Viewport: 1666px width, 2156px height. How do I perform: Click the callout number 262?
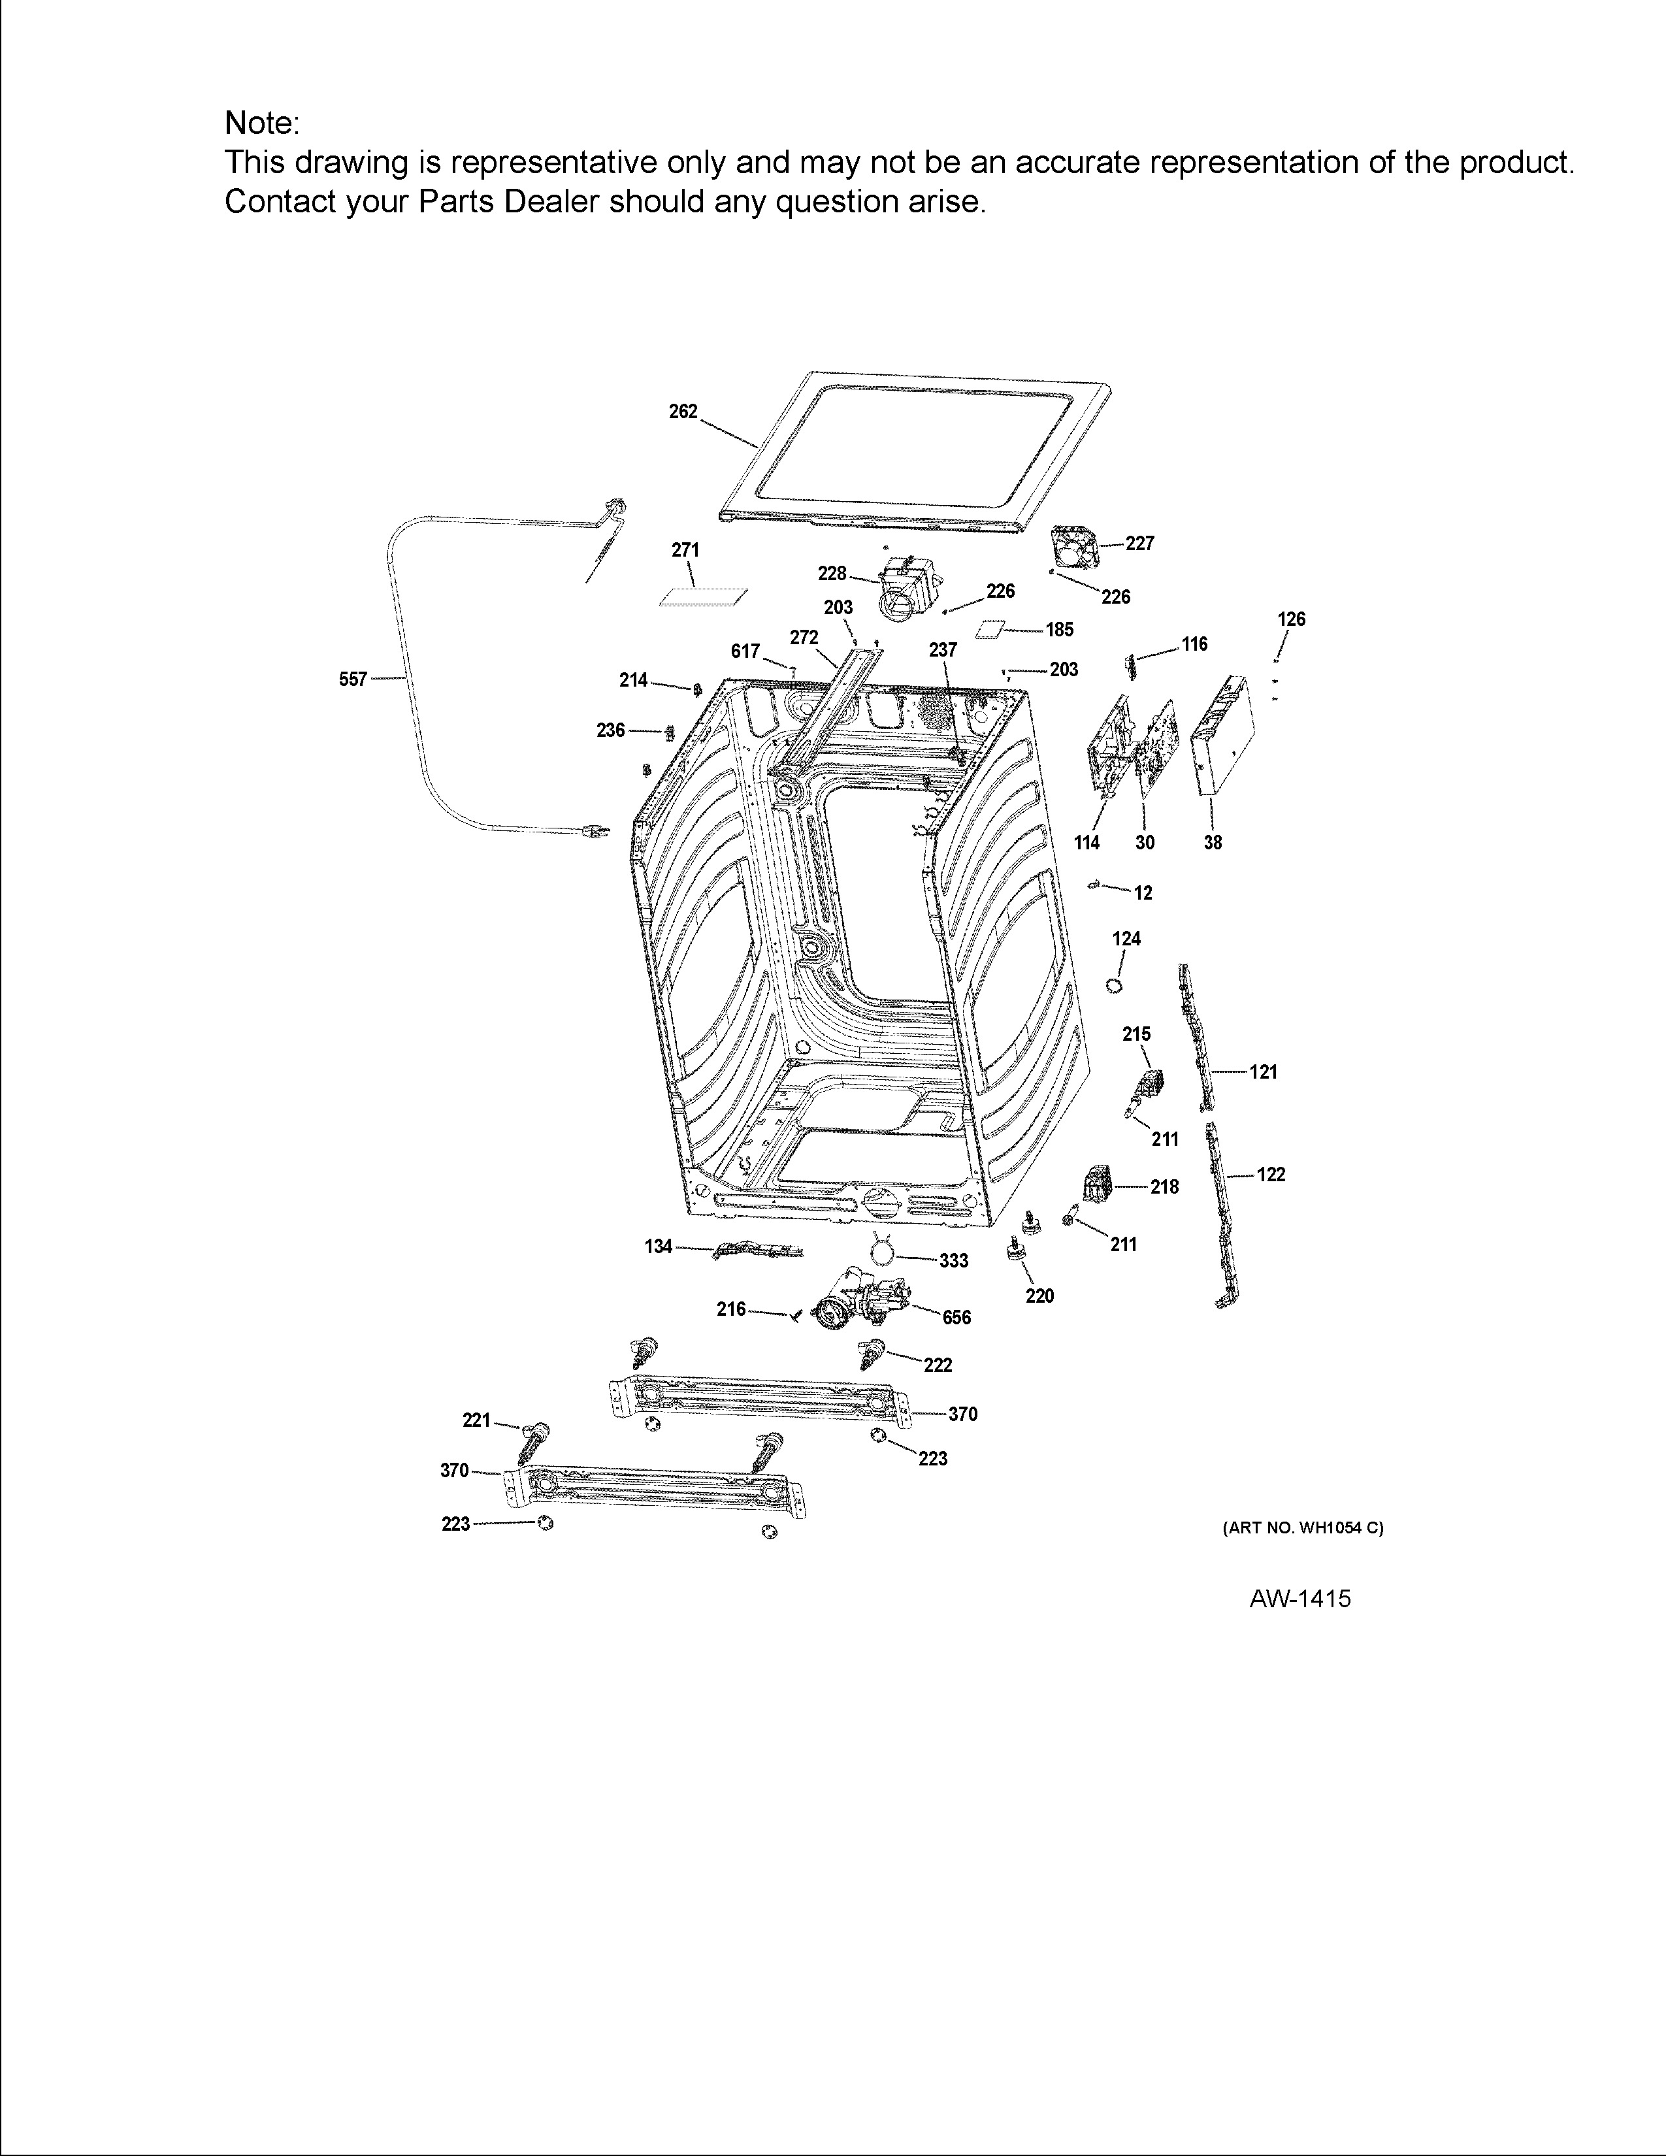click(683, 412)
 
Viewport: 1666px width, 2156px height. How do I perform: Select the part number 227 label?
click(1140, 543)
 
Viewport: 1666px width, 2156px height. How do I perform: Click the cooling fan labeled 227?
click(1075, 547)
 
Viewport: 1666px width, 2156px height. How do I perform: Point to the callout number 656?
click(956, 1317)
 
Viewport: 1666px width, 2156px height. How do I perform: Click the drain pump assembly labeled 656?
click(858, 1298)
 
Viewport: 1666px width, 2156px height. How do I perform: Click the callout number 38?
click(1213, 842)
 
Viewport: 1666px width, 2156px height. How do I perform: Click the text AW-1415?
click(1300, 1598)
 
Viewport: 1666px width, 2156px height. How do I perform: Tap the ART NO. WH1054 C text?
click(1303, 1527)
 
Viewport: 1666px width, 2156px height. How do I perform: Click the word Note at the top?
click(259, 123)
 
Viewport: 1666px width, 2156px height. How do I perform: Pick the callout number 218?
click(1165, 1186)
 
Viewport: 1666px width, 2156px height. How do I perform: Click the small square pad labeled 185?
click(991, 630)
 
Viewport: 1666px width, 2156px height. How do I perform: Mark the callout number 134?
click(659, 1247)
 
